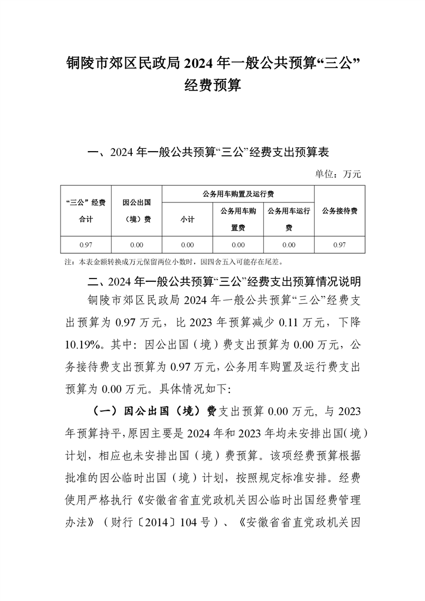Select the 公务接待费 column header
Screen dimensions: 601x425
(340, 211)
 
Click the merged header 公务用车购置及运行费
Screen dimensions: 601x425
(238, 193)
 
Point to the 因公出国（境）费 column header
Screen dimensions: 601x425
(136, 211)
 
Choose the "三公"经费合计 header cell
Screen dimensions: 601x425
(86, 211)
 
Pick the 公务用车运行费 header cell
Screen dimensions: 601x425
(289, 219)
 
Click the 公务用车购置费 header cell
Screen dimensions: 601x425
(238, 219)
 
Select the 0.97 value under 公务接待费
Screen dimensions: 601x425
(339, 245)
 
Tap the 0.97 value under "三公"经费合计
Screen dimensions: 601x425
(86, 245)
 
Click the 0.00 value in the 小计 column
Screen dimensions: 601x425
(187, 245)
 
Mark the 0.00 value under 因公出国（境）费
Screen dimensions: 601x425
(136, 245)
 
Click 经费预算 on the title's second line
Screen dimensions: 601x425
(212, 85)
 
